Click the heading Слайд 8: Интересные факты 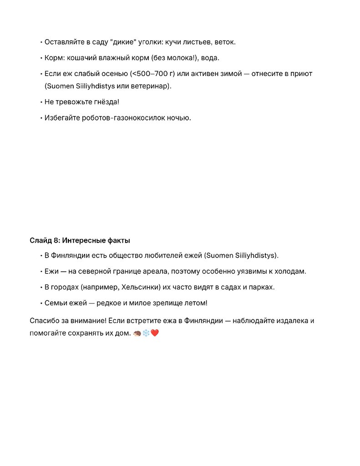coord(80,240)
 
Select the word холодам coord(289,271)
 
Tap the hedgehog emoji coord(137,334)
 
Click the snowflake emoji coord(146,334)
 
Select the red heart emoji coord(155,334)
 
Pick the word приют coord(302,74)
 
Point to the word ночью coord(179,118)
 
